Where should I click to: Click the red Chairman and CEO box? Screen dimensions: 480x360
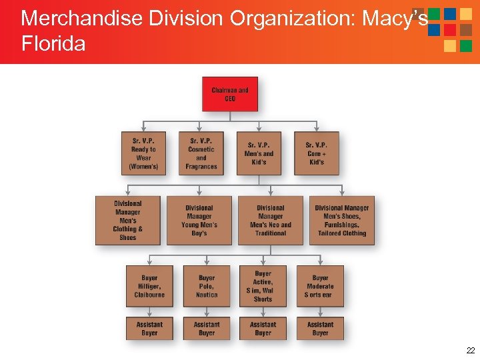(x=229, y=94)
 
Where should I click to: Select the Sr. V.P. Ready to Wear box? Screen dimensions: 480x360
(x=143, y=153)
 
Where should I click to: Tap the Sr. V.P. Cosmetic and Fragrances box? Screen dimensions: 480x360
(x=201, y=153)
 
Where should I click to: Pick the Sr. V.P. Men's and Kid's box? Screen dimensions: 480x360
(x=259, y=153)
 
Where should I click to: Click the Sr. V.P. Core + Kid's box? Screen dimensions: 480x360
(x=316, y=153)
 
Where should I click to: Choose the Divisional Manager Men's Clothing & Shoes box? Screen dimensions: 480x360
(x=128, y=221)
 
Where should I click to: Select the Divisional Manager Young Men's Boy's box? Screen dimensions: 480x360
(x=199, y=221)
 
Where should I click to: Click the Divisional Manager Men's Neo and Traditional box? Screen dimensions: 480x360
(x=271, y=221)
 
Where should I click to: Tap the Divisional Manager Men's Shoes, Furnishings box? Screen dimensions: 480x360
(x=342, y=221)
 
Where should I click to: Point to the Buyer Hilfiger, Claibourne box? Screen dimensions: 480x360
(x=149, y=286)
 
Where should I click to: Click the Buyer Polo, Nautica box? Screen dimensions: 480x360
(x=207, y=286)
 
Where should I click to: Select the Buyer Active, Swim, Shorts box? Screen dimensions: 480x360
(x=263, y=286)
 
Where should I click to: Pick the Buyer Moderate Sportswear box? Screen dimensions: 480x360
(x=320, y=286)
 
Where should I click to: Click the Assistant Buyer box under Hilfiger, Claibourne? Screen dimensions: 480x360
(x=149, y=328)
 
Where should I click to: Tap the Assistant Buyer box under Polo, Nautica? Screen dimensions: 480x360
(x=207, y=328)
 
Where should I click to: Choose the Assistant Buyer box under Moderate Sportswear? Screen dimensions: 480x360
(x=320, y=328)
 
